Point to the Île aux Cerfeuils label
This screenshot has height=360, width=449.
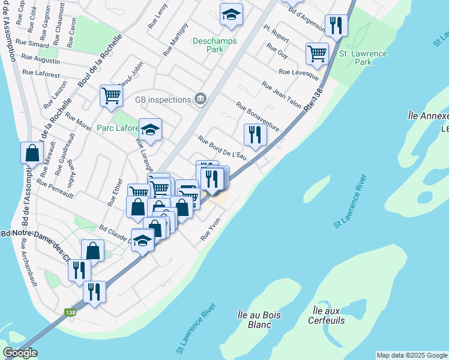(328, 316)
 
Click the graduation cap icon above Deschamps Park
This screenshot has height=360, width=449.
(231, 14)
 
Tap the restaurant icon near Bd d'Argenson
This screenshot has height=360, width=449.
(335, 25)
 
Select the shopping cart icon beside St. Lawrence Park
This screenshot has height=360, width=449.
(316, 53)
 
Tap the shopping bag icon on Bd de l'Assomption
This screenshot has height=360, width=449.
(32, 152)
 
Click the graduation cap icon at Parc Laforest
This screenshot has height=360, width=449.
(150, 128)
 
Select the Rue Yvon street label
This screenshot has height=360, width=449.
(211, 229)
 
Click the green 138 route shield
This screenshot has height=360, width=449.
(70, 312)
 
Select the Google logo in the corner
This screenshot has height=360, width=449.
(20, 353)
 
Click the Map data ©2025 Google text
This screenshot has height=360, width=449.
(412, 355)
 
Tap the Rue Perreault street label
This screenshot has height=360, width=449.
(55, 189)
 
